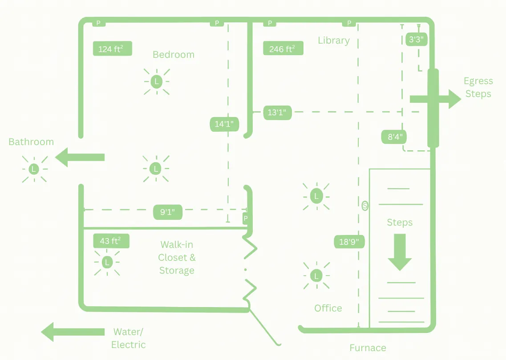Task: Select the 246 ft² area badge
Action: pyautogui.click(x=283, y=49)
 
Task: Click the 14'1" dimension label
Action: pyautogui.click(x=224, y=124)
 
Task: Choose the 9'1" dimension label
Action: pyautogui.click(x=168, y=212)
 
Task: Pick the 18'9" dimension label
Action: pyautogui.click(x=349, y=242)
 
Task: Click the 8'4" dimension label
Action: pyautogui.click(x=395, y=137)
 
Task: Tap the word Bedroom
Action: pyautogui.click(x=173, y=55)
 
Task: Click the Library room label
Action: pyautogui.click(x=334, y=40)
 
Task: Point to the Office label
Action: pyautogui.click(x=328, y=308)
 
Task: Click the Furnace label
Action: pyautogui.click(x=368, y=348)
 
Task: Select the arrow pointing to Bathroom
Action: pyautogui.click(x=80, y=157)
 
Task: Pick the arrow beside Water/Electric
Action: pyautogui.click(x=73, y=332)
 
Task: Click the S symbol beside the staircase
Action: pyautogui.click(x=365, y=206)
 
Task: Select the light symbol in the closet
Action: pyautogui.click(x=107, y=263)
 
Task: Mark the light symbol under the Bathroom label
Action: pyautogui.click(x=34, y=169)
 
